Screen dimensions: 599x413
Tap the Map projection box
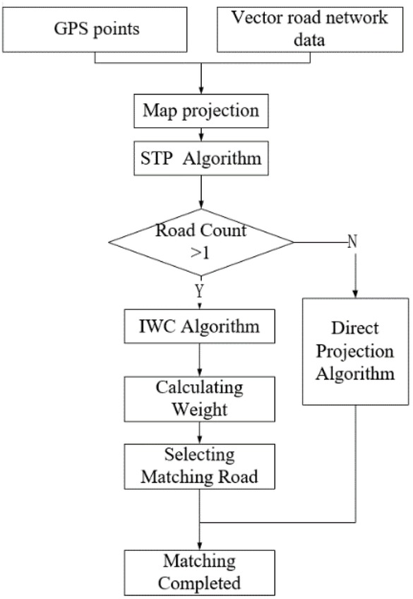[201, 111]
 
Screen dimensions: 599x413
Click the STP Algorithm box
[201, 158]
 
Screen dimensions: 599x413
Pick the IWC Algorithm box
[201, 326]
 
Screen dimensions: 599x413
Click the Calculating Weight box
[201, 398]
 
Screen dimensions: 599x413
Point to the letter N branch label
[351, 242]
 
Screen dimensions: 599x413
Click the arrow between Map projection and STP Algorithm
[201, 134]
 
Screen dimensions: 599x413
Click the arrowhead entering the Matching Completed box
[201, 547]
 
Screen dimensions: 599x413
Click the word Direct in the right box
[355, 328]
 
